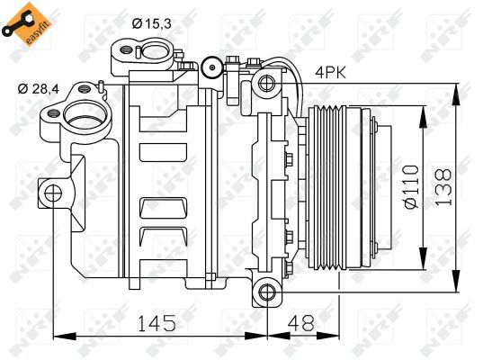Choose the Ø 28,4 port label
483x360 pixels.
[x=40, y=88]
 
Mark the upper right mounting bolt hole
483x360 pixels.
[x=267, y=84]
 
